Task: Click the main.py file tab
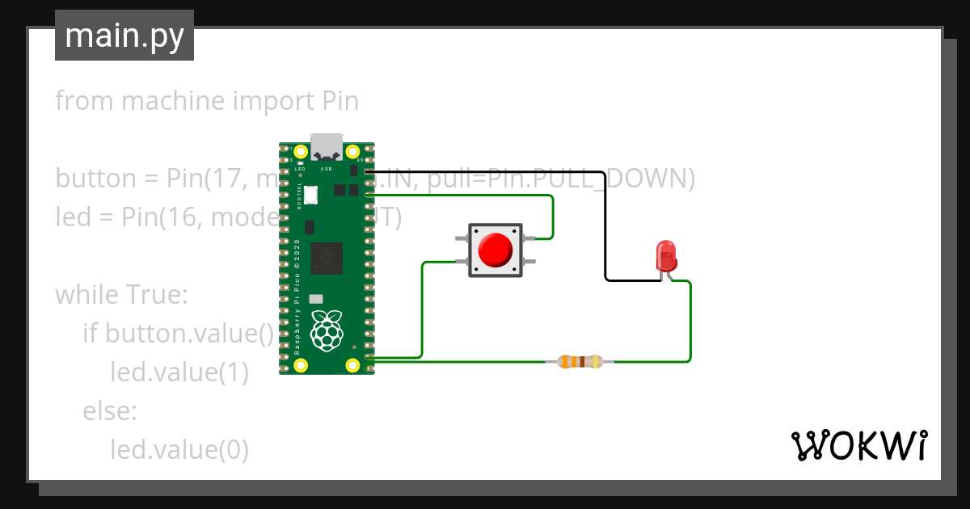tap(124, 36)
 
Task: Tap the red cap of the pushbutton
tap(495, 250)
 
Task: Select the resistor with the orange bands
tap(580, 362)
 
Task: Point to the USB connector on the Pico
tap(327, 145)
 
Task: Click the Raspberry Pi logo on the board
tap(327, 331)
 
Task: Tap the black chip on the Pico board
tap(327, 257)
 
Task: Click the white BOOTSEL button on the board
tap(313, 195)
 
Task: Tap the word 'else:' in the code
tap(110, 411)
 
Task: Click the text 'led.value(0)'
tap(179, 449)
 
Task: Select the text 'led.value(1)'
tap(179, 372)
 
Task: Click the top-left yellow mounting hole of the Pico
tap(301, 151)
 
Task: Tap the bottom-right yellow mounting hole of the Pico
tap(352, 364)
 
